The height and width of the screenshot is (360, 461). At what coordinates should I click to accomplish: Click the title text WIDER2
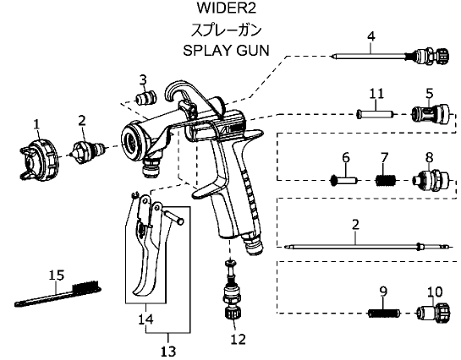click(x=226, y=8)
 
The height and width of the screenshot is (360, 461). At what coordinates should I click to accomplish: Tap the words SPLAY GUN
click(x=226, y=50)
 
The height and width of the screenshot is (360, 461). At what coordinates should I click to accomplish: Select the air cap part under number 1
click(x=40, y=159)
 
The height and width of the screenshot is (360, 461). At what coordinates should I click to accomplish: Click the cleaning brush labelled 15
click(x=58, y=293)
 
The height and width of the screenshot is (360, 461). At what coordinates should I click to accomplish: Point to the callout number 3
click(x=143, y=80)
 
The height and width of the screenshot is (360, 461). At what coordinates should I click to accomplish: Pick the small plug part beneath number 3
click(x=146, y=97)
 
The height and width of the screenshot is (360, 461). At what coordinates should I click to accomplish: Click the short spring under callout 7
click(x=386, y=180)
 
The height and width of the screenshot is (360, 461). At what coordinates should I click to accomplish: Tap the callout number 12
click(x=238, y=340)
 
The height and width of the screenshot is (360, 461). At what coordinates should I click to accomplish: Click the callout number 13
click(x=168, y=352)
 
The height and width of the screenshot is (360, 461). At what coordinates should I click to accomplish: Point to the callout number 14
click(x=145, y=319)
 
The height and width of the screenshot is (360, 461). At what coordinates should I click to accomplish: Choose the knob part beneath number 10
click(x=434, y=313)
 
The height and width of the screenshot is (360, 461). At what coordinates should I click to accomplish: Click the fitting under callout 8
click(x=431, y=180)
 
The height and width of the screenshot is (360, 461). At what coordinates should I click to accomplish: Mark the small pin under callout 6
click(x=343, y=179)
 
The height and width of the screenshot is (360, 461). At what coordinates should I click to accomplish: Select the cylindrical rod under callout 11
click(x=375, y=114)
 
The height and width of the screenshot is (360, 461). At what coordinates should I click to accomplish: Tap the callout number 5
click(x=430, y=94)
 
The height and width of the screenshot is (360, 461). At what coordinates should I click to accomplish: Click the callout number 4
click(x=371, y=36)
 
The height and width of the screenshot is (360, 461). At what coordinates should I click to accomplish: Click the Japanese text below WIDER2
click(x=226, y=30)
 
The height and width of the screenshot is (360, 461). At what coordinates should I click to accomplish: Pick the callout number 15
click(x=57, y=275)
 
